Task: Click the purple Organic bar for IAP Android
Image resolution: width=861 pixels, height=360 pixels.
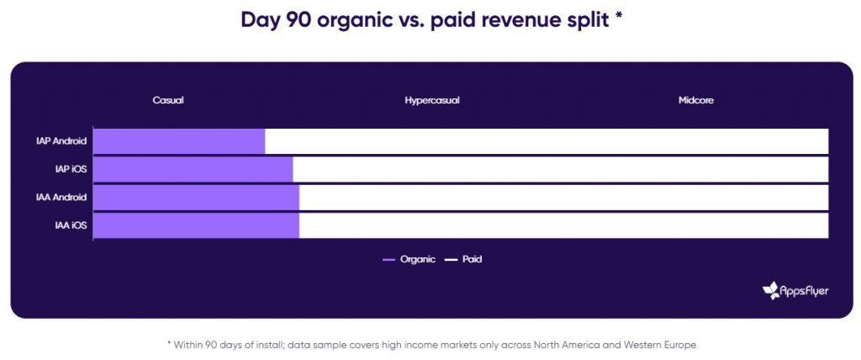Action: click(180, 141)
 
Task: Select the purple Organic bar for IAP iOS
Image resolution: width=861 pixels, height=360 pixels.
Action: click(193, 169)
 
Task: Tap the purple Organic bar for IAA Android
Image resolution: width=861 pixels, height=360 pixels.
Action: click(197, 198)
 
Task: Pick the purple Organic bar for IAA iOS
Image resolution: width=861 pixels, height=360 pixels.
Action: click(197, 225)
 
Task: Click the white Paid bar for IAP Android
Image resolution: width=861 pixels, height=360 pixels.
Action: click(547, 141)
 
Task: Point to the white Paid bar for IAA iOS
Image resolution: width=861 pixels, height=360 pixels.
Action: click(564, 225)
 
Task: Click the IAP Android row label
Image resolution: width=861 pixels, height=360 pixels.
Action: click(61, 141)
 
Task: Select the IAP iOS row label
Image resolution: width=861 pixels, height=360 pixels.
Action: click(71, 169)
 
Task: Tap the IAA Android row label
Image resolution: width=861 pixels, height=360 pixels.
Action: click(61, 198)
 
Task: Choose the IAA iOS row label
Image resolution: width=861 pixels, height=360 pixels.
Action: click(71, 225)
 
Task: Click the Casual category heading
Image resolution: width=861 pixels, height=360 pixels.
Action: click(168, 101)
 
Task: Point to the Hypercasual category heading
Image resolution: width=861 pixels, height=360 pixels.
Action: click(432, 101)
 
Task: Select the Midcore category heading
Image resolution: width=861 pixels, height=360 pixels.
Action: click(695, 101)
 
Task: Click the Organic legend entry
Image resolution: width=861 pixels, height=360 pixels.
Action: click(409, 259)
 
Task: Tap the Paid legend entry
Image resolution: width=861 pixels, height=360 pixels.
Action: click(463, 259)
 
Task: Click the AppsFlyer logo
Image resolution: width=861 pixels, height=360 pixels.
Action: click(795, 291)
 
